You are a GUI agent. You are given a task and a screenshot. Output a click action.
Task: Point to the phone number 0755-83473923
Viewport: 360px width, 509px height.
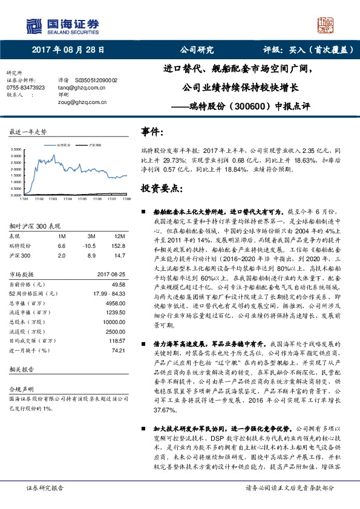coord(25,87)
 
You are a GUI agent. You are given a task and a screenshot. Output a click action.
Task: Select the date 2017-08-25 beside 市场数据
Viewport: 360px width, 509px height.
coord(111,274)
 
